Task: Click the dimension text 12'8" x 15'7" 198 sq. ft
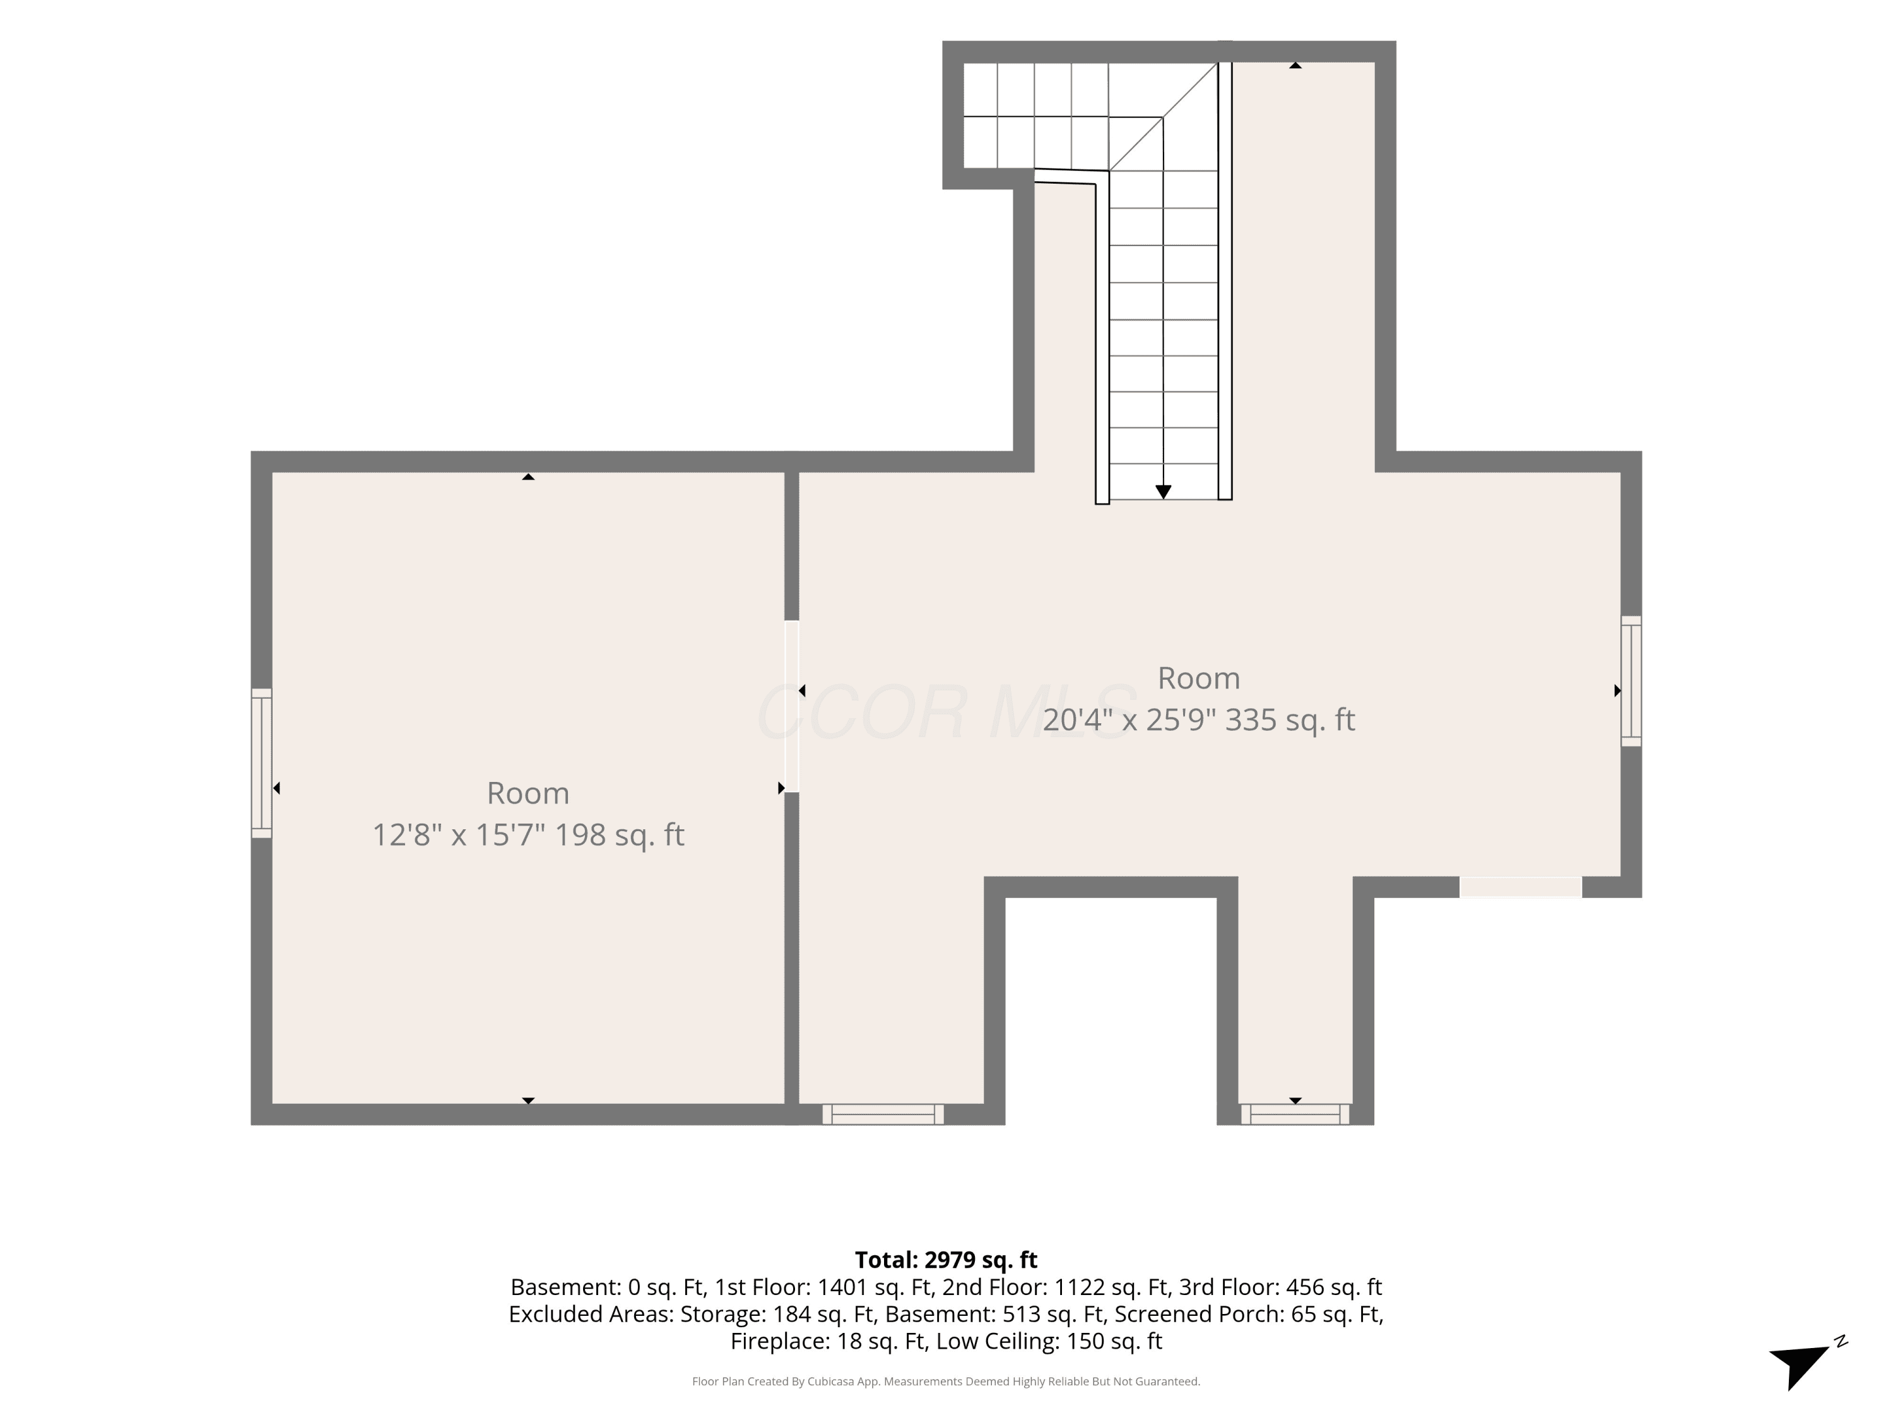coord(528,834)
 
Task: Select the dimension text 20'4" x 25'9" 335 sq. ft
coord(1198,720)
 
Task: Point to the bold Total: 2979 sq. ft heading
coord(946,1260)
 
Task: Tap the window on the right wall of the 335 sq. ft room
coord(1631,682)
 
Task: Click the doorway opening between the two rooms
coord(792,706)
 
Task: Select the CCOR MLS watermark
coord(946,712)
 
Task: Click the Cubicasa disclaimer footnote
coord(946,1381)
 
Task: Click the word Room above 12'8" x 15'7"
coord(528,793)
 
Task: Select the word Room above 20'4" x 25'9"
coord(1198,678)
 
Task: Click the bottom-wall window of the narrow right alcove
coord(1295,1113)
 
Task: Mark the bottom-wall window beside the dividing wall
coord(882,1113)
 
